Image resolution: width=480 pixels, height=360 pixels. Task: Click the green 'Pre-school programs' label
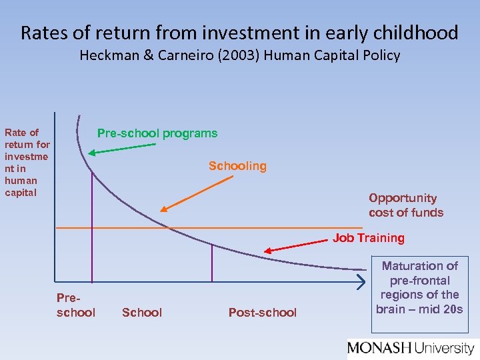click(157, 133)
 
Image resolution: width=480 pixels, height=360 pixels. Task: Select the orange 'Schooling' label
click(237, 166)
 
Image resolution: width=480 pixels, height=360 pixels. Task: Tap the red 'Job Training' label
click(369, 238)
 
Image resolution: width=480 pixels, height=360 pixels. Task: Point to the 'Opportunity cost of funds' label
click(406, 205)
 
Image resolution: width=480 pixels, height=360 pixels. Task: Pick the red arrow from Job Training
click(297, 247)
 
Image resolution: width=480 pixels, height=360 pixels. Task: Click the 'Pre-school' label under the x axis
click(76, 306)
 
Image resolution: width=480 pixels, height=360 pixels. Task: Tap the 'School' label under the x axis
click(142, 313)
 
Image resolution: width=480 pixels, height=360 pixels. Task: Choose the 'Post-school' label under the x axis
click(263, 313)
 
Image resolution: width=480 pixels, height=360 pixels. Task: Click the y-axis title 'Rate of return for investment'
click(27, 163)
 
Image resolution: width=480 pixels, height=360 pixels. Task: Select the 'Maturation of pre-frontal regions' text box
click(419, 294)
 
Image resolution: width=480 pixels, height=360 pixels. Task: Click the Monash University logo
click(411, 347)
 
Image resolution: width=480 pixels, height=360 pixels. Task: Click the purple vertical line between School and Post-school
click(212, 262)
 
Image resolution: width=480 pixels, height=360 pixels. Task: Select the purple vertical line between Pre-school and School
click(92, 227)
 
